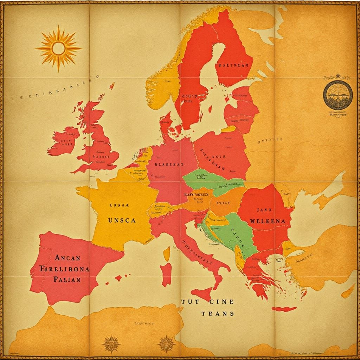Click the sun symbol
pyautogui.click(x=58, y=48)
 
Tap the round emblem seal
pyautogui.click(x=337, y=94)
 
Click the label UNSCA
pyautogui.click(x=121, y=220)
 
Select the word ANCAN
pyautogui.click(x=67, y=257)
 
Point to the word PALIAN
pyautogui.click(x=67, y=279)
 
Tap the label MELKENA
pyautogui.click(x=270, y=221)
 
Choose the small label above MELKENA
pyautogui.click(x=267, y=210)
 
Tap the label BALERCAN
pyautogui.click(x=233, y=65)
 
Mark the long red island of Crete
pyautogui.click(x=284, y=309)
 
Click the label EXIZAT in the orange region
pyautogui.click(x=223, y=203)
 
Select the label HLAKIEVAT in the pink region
pyautogui.click(x=169, y=163)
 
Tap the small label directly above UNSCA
pyautogui.click(x=119, y=204)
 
